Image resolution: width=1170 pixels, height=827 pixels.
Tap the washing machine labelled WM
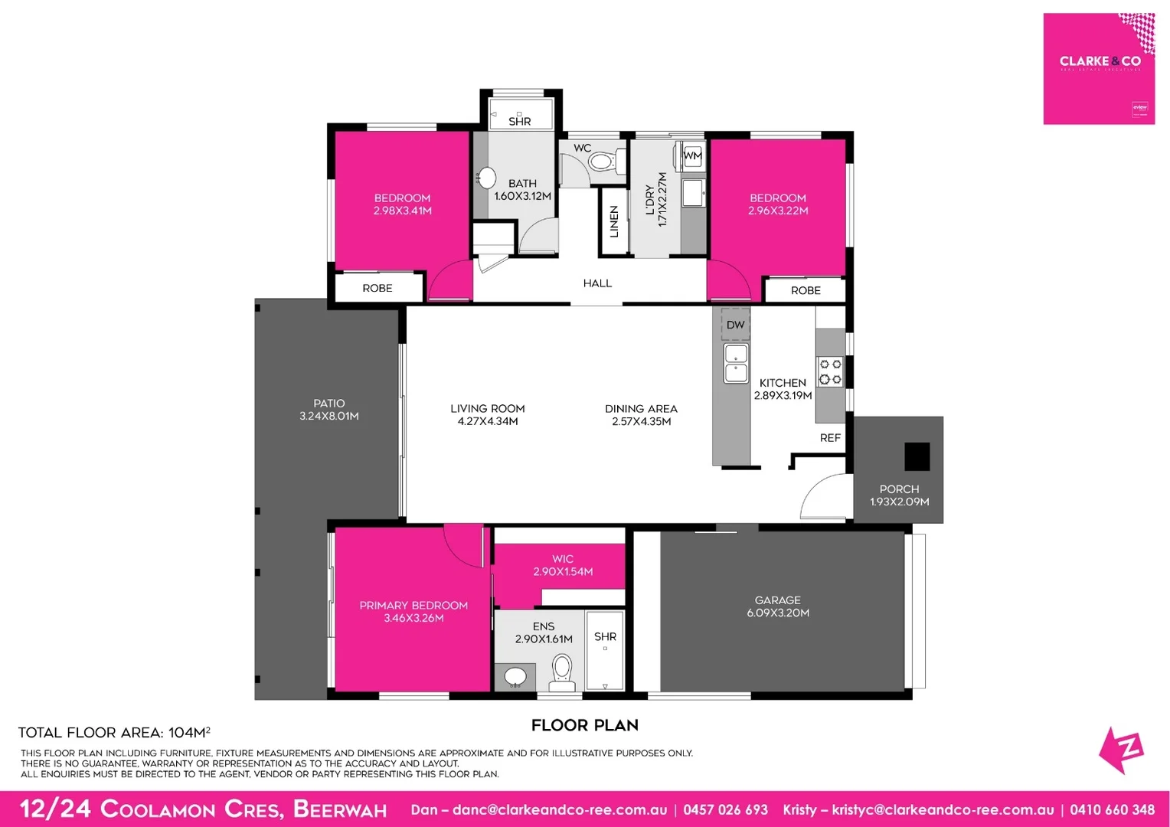692,156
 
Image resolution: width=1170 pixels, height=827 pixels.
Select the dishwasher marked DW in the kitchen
735,325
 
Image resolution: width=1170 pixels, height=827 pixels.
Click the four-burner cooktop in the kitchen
830,372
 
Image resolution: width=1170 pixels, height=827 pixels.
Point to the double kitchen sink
736,364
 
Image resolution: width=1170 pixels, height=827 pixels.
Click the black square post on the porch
917,456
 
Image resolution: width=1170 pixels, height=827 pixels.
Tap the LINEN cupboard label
613,221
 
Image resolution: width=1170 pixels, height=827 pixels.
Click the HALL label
597,283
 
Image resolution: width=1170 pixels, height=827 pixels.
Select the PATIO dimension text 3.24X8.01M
329,416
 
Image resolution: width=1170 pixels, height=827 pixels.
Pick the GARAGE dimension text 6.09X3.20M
778,613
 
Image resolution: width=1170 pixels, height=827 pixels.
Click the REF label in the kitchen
830,438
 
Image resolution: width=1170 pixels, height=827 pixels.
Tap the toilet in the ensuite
562,672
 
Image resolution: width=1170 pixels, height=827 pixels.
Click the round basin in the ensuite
515,677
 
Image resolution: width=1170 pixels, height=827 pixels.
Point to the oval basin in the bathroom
486,178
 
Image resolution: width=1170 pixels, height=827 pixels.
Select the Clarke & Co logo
1099,68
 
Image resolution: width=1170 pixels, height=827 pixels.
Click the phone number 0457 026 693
725,809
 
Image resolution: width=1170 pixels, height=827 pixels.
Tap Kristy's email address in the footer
943,809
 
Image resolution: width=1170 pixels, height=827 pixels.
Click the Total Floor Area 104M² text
114,733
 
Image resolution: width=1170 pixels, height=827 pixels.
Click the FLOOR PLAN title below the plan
584,725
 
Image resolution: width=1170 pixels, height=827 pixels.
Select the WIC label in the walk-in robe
563,559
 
